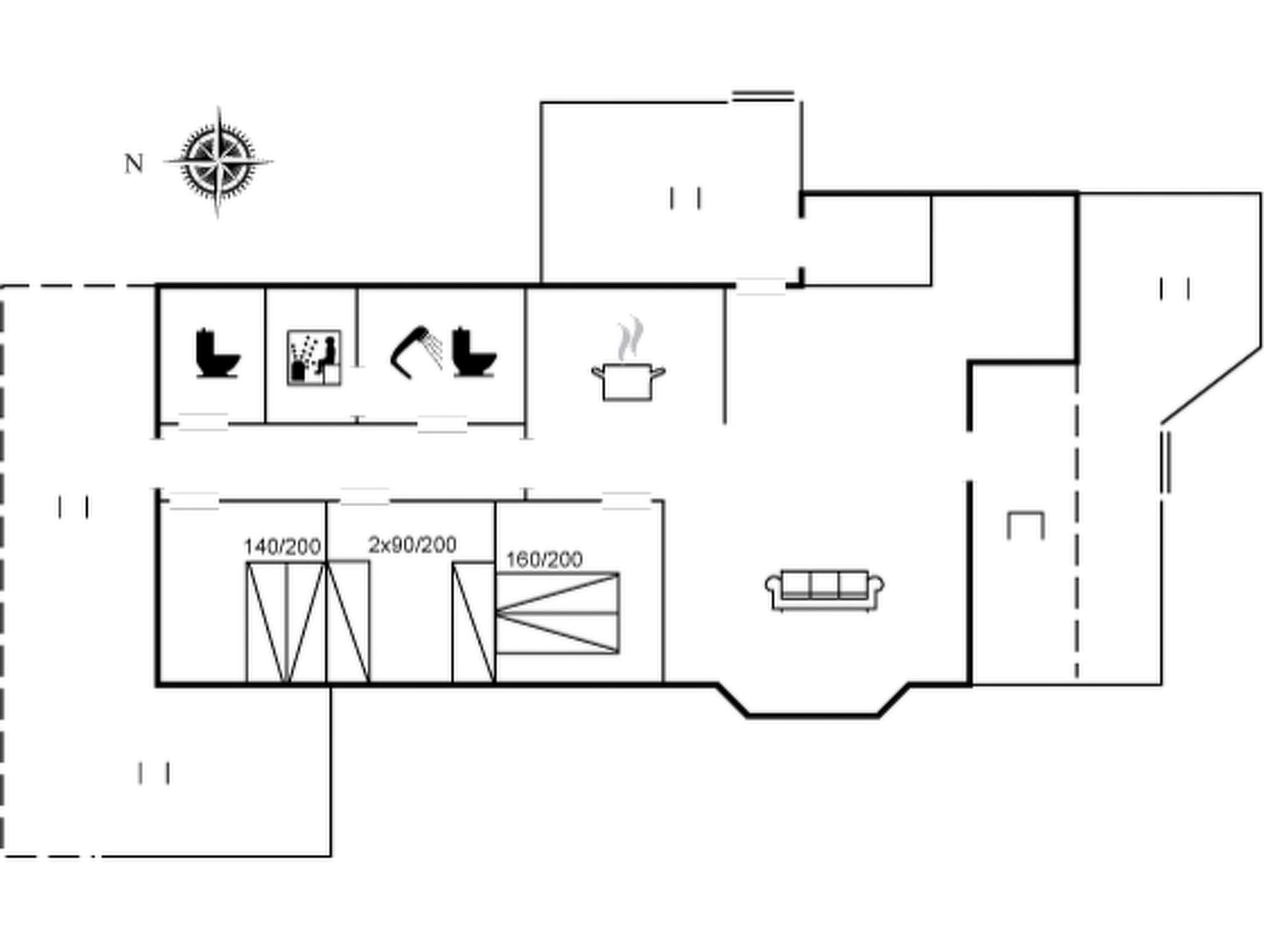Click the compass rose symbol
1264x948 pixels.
(x=218, y=162)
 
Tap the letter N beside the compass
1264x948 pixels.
(x=134, y=164)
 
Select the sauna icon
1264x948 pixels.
(x=314, y=358)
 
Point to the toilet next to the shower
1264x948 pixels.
(x=473, y=353)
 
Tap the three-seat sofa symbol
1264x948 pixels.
(x=825, y=589)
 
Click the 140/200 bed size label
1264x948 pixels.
(x=282, y=546)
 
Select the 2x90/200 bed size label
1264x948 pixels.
(x=412, y=544)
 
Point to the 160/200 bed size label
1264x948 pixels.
(x=544, y=559)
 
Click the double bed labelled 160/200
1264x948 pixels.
(x=557, y=613)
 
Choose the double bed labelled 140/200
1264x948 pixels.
(x=285, y=622)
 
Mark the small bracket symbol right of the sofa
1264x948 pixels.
(x=1025, y=525)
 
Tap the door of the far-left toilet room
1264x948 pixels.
(x=202, y=422)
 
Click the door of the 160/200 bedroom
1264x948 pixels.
(x=626, y=501)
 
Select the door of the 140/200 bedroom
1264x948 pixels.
(x=194, y=501)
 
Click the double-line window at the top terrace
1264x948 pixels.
(x=763, y=96)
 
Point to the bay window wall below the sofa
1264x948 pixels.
(x=813, y=715)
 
